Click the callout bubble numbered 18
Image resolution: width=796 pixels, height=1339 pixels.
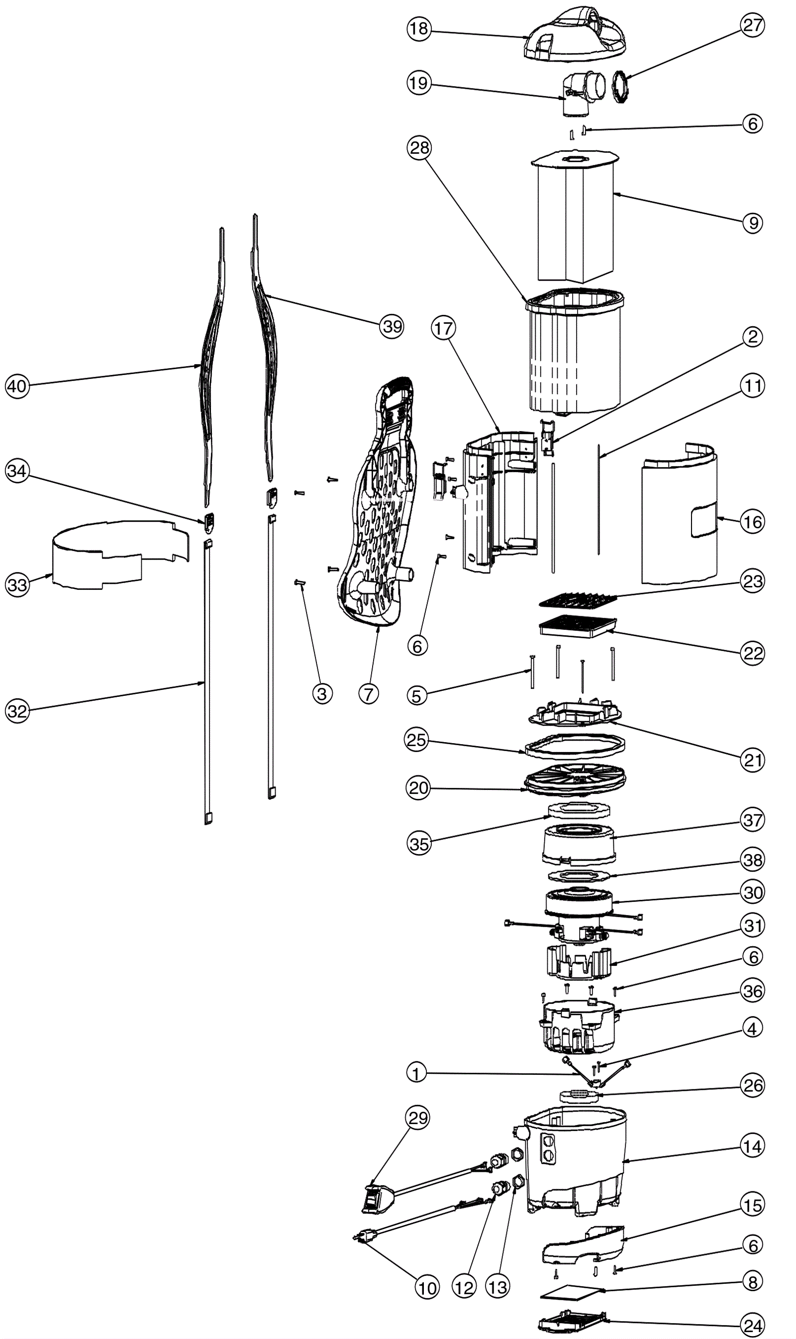[418, 28]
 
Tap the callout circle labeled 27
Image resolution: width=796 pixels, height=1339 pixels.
[752, 25]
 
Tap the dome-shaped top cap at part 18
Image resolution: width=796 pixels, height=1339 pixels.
[574, 35]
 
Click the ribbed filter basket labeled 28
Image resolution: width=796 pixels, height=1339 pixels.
[574, 354]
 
